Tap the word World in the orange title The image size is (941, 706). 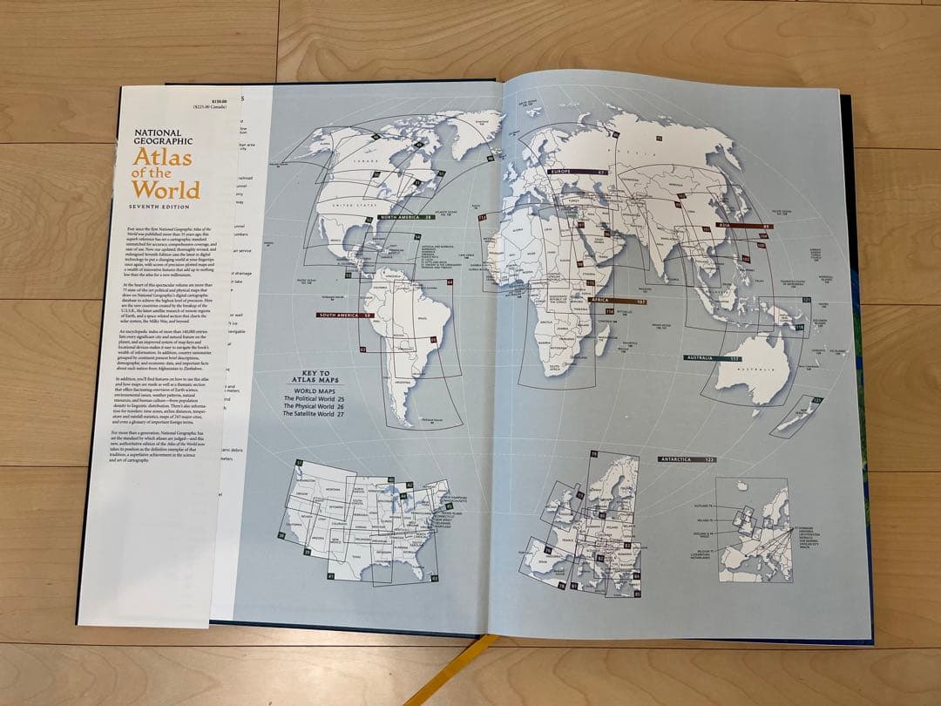click(173, 188)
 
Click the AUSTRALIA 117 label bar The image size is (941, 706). click(712, 358)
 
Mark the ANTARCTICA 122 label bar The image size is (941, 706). click(687, 458)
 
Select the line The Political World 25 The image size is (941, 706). click(314, 398)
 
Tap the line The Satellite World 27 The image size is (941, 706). click(314, 415)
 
